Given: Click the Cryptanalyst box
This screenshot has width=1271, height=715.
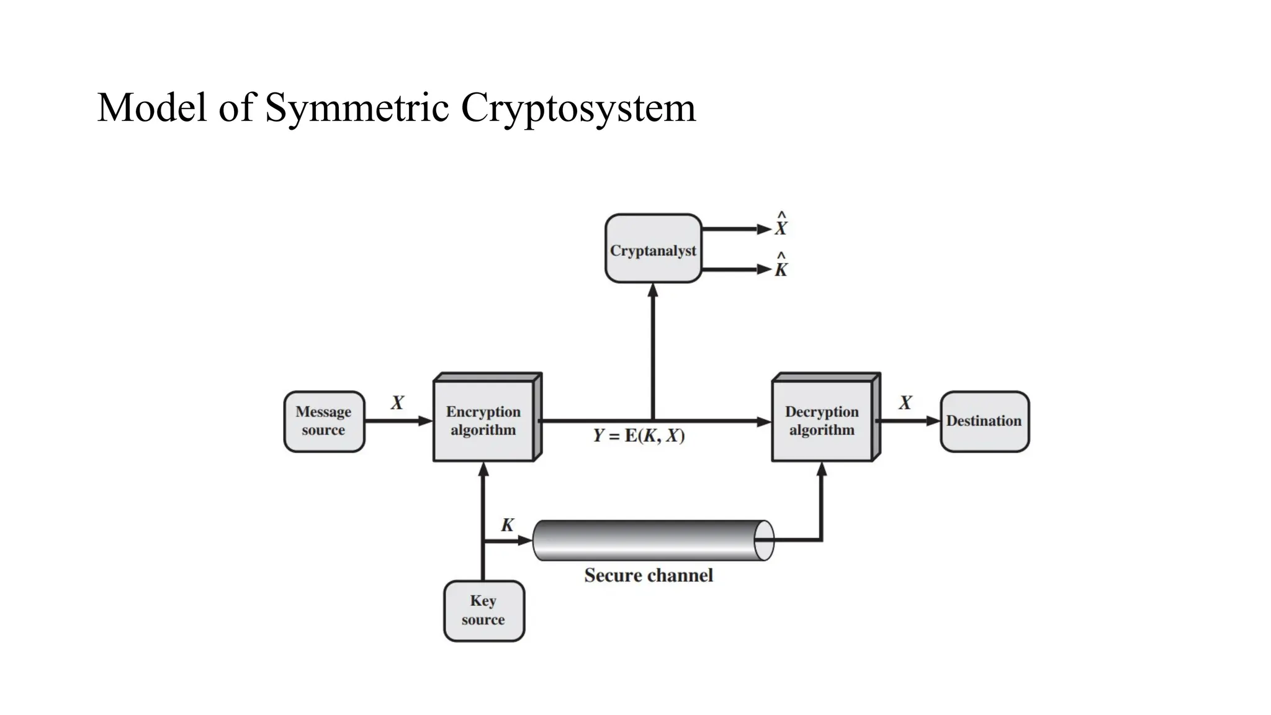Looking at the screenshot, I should tap(653, 249).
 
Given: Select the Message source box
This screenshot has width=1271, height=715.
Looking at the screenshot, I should tap(323, 421).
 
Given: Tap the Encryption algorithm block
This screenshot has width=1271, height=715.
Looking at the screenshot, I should tap(483, 420).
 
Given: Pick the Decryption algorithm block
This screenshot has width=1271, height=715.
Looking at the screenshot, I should tap(822, 420).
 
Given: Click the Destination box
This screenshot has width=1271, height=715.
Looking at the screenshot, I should tap(984, 421).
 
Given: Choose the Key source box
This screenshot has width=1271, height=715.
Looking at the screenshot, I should tap(483, 610).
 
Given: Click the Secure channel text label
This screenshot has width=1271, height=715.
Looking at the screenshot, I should tap(649, 575).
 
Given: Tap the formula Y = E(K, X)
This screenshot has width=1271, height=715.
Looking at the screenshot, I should tap(639, 436).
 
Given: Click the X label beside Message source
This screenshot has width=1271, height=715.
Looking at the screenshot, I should tap(397, 403).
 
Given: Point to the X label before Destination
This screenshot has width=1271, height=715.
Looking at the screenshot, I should tap(905, 403).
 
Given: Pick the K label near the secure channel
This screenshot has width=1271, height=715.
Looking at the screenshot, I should tap(508, 525).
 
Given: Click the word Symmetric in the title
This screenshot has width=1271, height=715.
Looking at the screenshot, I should tap(357, 107).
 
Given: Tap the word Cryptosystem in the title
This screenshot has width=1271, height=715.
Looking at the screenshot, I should tap(578, 107).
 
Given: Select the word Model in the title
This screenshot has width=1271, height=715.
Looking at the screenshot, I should tap(151, 107).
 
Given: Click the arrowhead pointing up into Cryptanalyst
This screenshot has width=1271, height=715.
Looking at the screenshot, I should tap(653, 290).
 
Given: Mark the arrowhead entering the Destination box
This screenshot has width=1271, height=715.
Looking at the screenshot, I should tap(933, 421).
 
